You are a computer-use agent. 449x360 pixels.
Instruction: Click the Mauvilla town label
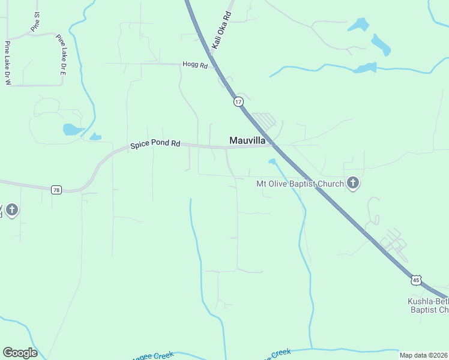[247, 140]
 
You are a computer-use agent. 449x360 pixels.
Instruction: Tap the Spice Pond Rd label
[155, 144]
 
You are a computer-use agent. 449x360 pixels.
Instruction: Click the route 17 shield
[239, 101]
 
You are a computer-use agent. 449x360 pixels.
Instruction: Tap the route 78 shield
[56, 190]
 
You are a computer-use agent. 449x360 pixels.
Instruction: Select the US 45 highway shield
[416, 280]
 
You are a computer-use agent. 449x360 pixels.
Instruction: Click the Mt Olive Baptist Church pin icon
[353, 184]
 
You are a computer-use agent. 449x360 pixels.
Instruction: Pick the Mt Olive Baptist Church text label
[300, 184]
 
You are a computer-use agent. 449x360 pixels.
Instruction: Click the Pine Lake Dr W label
[8, 63]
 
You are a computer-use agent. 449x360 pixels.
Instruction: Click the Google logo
[20, 353]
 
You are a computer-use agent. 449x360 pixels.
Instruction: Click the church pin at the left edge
[12, 210]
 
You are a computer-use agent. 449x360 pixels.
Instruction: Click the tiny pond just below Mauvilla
[273, 161]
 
